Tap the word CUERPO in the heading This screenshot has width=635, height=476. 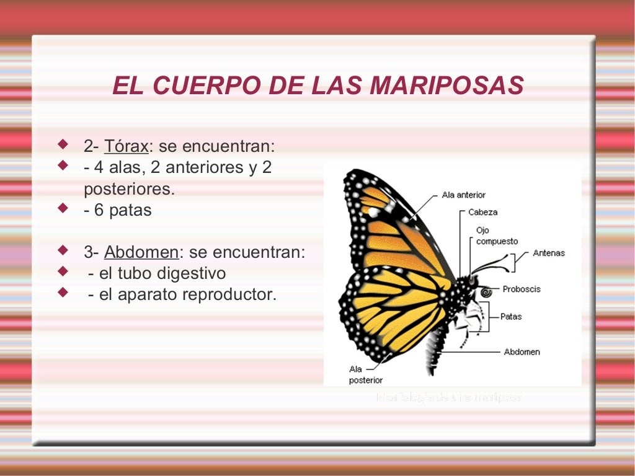[x=205, y=86]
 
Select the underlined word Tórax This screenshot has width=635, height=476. [x=127, y=147]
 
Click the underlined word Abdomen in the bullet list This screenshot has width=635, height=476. [x=141, y=252]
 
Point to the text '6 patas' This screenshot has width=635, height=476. [x=123, y=210]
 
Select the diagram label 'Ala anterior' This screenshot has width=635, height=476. [x=463, y=195]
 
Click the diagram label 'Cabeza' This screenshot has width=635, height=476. [x=482, y=212]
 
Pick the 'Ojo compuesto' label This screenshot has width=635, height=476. [x=496, y=236]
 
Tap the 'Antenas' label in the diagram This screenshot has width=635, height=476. [x=549, y=253]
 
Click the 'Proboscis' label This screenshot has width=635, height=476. [x=522, y=289]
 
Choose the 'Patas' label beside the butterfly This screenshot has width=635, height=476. [x=512, y=317]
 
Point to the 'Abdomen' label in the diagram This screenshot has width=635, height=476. [x=522, y=351]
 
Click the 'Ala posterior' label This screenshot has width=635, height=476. [x=365, y=374]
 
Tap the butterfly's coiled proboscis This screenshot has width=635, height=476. [x=485, y=291]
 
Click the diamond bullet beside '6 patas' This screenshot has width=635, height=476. [x=62, y=209]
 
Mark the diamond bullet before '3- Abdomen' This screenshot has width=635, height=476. [x=62, y=251]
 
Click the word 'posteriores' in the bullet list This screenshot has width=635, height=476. [x=128, y=189]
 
